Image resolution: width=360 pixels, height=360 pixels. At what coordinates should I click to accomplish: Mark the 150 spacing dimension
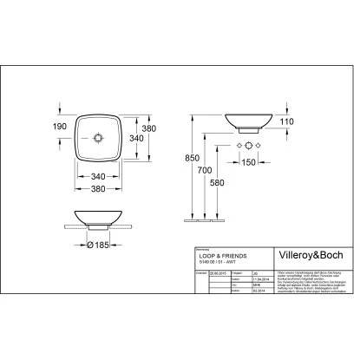click(x=250, y=162)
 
